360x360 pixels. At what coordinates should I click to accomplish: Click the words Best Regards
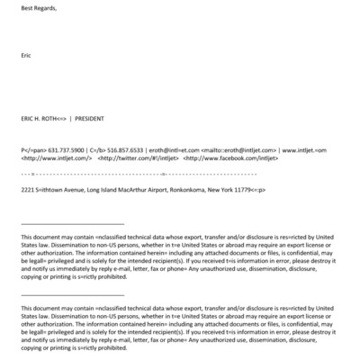(37, 8)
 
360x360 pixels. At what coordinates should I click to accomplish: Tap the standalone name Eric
(25, 55)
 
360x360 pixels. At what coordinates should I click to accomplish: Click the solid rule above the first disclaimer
(72, 223)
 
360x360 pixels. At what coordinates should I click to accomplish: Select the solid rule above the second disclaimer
(72, 293)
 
